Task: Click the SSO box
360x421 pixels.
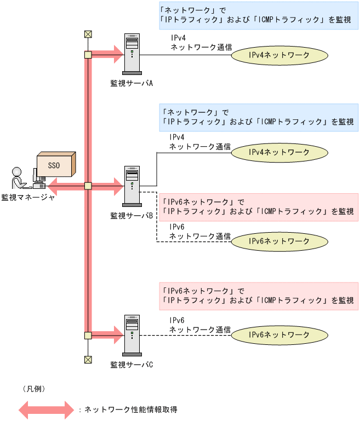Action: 55,164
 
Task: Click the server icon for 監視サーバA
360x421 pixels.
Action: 132,55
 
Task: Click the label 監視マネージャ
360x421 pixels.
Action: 28,198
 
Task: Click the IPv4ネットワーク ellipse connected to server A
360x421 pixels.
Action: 279,55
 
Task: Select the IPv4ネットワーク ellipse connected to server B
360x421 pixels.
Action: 279,152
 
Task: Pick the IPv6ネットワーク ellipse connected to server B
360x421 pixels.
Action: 279,241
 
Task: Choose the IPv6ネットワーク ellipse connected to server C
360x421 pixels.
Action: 279,335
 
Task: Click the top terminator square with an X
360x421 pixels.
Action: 87,34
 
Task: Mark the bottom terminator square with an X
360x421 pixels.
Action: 87,359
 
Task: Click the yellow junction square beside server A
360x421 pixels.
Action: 87,54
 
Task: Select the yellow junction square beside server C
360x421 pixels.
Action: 87,335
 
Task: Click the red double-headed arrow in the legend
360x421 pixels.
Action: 46,409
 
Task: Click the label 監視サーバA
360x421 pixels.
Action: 131,83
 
